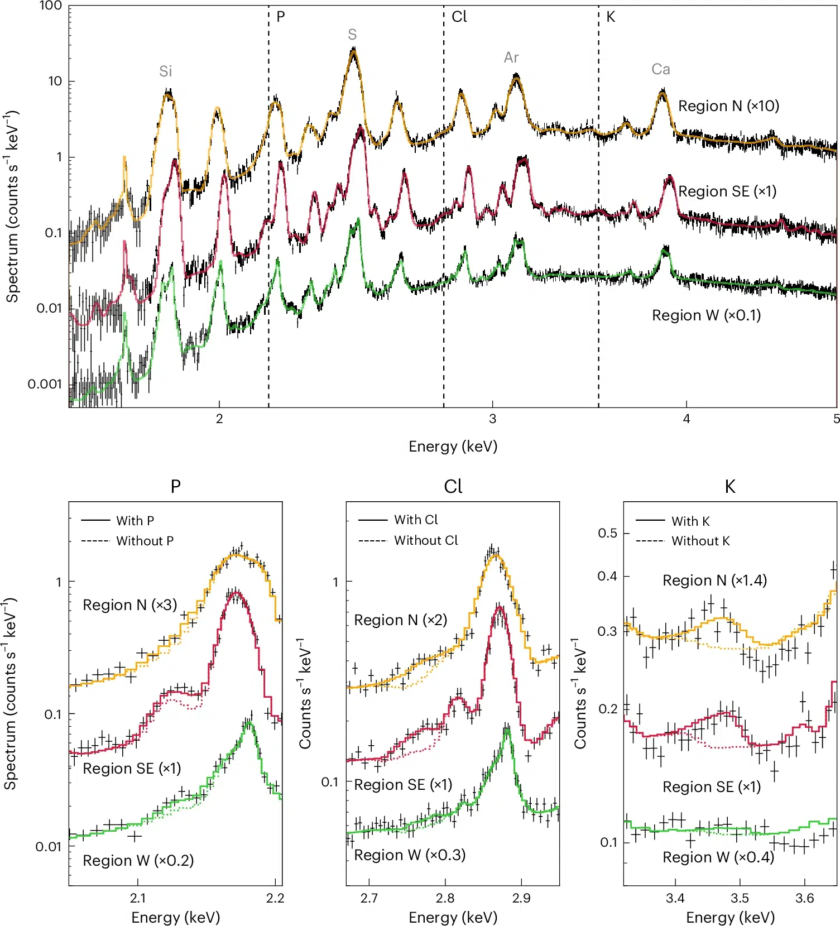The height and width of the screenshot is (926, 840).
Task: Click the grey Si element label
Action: [165, 71]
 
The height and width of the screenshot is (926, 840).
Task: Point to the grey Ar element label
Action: [511, 57]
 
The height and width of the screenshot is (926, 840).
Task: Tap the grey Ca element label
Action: [661, 69]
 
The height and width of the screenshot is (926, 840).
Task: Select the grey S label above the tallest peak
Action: [352, 35]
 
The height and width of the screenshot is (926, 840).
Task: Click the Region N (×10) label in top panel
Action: [728, 106]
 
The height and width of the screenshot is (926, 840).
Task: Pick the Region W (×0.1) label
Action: [706, 315]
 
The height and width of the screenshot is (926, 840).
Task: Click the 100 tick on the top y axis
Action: [50, 6]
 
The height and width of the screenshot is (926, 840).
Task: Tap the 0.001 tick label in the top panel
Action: [45, 384]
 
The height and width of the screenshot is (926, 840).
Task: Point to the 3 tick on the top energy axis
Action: [492, 419]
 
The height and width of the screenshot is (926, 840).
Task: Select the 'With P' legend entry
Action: [135, 521]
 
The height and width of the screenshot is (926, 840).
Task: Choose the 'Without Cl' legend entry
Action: [426, 540]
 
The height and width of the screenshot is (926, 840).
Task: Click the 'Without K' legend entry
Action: [700, 541]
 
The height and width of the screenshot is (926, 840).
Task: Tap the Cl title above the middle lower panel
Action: [453, 487]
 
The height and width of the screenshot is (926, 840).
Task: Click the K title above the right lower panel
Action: [729, 487]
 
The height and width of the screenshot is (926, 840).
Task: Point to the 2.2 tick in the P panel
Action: [275, 898]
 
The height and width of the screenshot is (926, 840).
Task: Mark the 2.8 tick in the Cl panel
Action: [445, 898]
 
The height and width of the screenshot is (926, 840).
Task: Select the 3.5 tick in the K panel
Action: [740, 898]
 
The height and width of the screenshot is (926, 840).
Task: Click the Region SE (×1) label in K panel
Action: [712, 787]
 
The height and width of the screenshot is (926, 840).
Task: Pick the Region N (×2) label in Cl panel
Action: [401, 620]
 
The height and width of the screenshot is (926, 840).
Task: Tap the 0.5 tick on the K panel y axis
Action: [608, 533]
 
